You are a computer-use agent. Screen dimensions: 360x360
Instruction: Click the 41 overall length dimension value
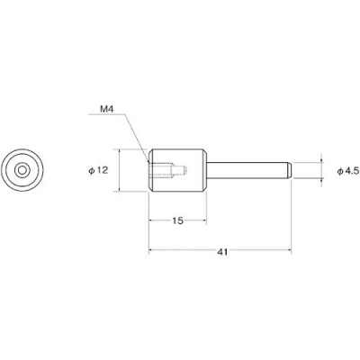[221, 253]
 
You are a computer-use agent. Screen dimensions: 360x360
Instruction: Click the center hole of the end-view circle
[22, 168]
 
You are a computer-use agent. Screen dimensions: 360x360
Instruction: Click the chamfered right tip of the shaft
[286, 168]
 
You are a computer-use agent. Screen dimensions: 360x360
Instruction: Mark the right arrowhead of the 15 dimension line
[209, 219]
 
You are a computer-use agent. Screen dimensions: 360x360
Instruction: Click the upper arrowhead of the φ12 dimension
[117, 150]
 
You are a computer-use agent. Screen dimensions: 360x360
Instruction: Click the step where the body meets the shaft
[211, 168]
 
